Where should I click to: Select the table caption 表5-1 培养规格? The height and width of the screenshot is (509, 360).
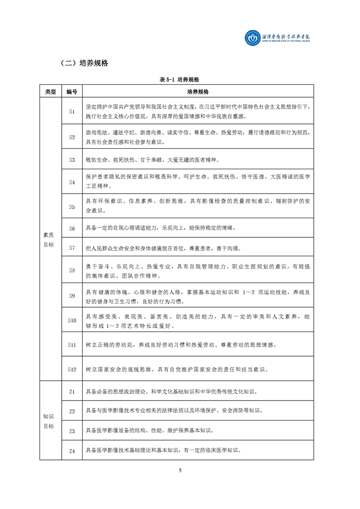coord(180,79)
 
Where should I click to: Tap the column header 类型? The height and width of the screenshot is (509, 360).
coord(50,92)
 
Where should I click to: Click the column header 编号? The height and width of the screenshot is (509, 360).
coord(72,92)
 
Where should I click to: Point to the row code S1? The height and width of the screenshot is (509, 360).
coord(72,112)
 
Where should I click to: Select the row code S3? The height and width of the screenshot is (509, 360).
coord(72,160)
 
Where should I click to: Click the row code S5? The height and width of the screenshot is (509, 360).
coord(72,206)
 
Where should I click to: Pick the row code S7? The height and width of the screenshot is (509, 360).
coord(72,248)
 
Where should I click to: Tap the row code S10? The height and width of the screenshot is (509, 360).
coord(72,320)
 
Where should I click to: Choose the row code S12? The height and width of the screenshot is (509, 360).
coord(72,369)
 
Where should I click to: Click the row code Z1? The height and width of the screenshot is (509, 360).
coord(72,392)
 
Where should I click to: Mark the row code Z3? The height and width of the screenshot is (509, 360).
coord(72,431)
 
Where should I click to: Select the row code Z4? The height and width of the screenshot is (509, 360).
coord(72,450)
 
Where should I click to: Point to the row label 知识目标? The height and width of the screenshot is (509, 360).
coord(49,421)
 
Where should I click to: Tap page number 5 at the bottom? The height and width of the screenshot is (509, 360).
coord(180,470)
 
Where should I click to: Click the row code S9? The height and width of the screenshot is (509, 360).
coord(72,296)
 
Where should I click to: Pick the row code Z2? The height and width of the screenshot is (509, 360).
coord(72,411)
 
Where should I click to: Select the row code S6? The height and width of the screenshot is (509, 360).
coord(72,228)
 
